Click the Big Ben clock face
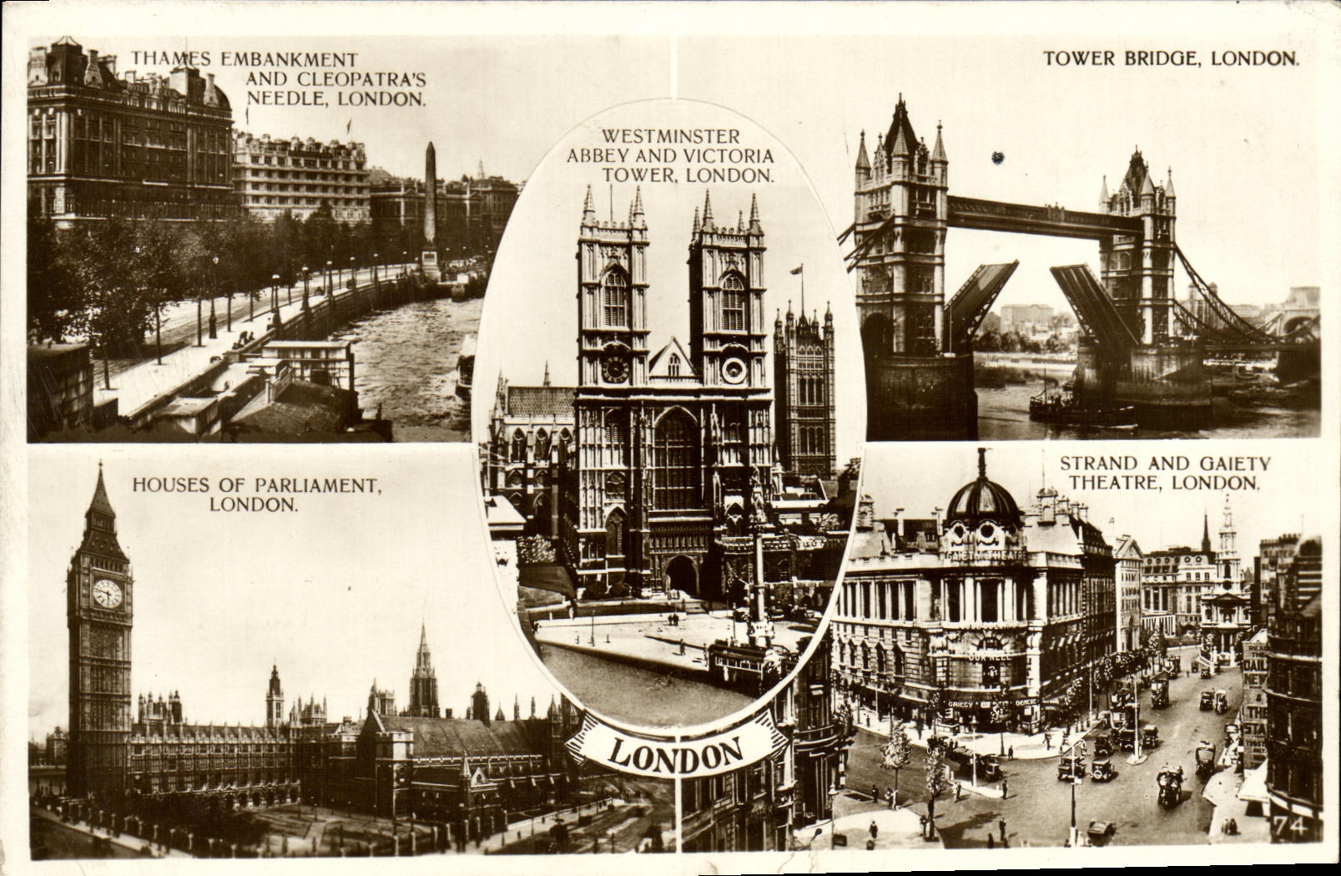click(107, 594)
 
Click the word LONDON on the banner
click(677, 754)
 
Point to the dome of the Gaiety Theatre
click(982, 499)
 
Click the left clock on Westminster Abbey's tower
click(614, 367)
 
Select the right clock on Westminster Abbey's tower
click(734, 369)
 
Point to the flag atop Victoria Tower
click(797, 270)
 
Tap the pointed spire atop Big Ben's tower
click(99, 493)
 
